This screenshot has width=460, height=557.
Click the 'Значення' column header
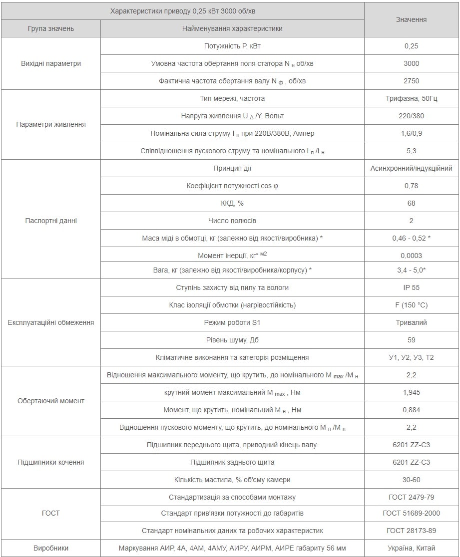(x=411, y=19)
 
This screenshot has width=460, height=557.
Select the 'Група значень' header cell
(x=51, y=28)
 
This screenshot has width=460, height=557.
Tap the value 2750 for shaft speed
(x=411, y=81)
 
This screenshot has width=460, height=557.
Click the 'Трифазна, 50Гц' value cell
(x=411, y=98)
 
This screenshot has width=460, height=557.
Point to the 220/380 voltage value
(x=411, y=116)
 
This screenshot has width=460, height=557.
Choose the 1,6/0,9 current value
(x=411, y=133)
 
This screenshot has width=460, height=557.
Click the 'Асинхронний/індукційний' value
(x=411, y=168)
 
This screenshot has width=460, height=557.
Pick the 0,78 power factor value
(x=411, y=186)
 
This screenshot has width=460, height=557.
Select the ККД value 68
(x=411, y=203)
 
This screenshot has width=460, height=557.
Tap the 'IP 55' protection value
(x=411, y=287)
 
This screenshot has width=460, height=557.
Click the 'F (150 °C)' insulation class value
(x=411, y=305)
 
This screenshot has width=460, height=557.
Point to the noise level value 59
(x=411, y=340)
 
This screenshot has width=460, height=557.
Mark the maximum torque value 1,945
(x=411, y=392)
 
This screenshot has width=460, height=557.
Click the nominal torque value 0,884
(x=411, y=410)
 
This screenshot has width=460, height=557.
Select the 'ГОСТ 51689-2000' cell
(x=411, y=513)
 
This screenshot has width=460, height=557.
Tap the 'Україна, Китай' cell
(x=411, y=548)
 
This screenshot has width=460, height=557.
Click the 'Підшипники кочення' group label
(x=51, y=462)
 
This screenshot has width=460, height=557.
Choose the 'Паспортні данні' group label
(x=51, y=221)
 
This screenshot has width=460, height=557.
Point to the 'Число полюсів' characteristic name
(x=232, y=221)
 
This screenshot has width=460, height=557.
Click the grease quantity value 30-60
(x=411, y=480)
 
